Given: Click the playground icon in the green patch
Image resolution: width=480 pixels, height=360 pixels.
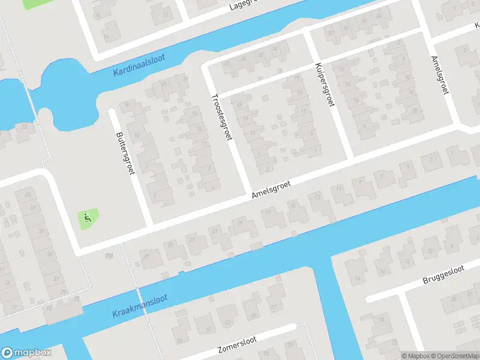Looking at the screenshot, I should pyautogui.click(x=88, y=218).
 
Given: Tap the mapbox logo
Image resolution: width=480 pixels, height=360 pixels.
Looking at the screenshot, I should pyautogui.click(x=26, y=353).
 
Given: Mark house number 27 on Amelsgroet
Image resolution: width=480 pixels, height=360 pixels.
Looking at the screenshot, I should pyautogui.click(x=146, y=257).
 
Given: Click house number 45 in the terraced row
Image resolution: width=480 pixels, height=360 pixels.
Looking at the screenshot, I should pyautogui.click(x=27, y=195).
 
